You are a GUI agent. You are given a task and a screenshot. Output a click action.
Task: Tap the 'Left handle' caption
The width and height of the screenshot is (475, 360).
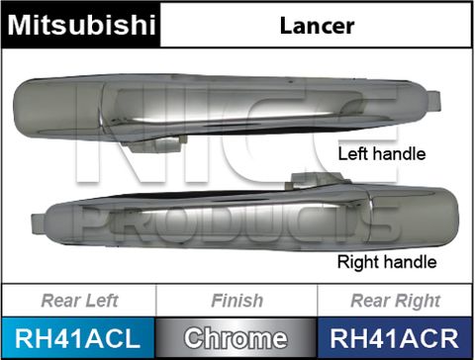(381, 154)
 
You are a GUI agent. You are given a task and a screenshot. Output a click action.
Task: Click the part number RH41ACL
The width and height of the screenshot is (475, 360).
(78, 338)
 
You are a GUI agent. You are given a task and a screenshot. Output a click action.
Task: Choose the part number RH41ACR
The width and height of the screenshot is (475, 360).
(395, 338)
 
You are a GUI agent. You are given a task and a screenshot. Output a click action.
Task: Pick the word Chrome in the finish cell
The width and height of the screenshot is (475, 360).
(237, 338)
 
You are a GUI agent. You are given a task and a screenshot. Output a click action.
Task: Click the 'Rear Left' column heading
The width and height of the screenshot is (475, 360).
(78, 301)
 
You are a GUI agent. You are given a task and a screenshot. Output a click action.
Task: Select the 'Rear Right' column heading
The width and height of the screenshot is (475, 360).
(395, 301)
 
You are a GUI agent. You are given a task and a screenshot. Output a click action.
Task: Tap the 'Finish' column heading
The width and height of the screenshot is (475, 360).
(237, 301)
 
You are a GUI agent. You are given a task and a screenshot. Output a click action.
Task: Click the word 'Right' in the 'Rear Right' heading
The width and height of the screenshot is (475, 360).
(418, 301)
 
